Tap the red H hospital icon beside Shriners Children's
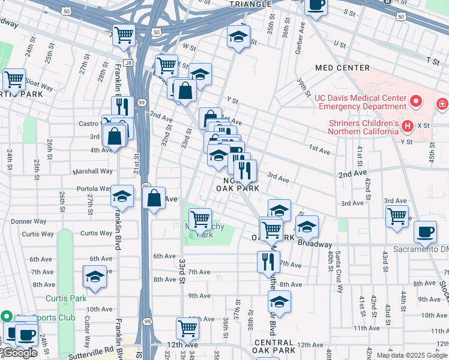pyautogui.click(x=408, y=126)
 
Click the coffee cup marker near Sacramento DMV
pyautogui.click(x=426, y=231)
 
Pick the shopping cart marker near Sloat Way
pyautogui.click(x=14, y=79)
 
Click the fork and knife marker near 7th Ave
pyautogui.click(x=268, y=261)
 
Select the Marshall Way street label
pyautogui.click(x=92, y=171)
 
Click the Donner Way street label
pyautogui.click(x=28, y=221)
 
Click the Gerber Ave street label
pyautogui.click(x=300, y=36)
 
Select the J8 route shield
pyautogui.click(x=128, y=62)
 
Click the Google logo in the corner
pyautogui.click(x=19, y=353)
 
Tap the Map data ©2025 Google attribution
pyautogui.click(x=412, y=355)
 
